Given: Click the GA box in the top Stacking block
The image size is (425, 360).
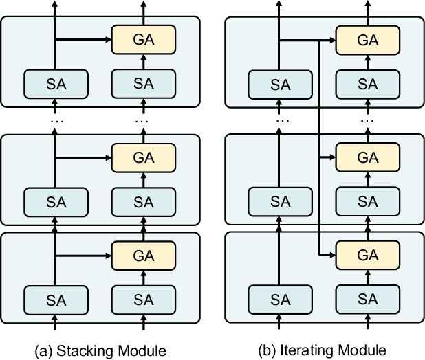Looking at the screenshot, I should (x=143, y=41).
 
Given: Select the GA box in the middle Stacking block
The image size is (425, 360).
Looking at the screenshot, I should (x=143, y=158).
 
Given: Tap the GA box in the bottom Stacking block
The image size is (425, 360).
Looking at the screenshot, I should (x=143, y=256).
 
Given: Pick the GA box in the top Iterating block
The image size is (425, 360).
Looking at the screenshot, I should (x=368, y=41).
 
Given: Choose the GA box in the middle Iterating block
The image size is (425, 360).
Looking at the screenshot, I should (x=368, y=158).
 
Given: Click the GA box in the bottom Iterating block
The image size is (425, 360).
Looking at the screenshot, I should (x=368, y=256).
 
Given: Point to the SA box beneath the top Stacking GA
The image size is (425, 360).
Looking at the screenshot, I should (x=143, y=84).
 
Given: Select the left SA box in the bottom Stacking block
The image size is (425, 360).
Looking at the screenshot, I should (x=56, y=300).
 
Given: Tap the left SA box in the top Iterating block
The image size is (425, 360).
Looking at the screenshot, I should (x=280, y=85).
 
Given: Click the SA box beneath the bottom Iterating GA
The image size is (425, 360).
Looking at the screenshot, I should (x=368, y=300).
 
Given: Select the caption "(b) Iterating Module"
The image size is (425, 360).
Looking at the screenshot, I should (x=323, y=350).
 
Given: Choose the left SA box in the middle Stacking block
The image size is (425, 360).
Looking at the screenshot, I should (x=56, y=202).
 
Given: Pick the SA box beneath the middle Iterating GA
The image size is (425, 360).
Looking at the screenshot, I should (x=368, y=202).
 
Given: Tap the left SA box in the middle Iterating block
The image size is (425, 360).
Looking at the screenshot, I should (x=280, y=202).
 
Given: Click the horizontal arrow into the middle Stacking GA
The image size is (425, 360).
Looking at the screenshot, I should (x=83, y=158).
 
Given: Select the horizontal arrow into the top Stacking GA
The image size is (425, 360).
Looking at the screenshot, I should (x=83, y=41).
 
